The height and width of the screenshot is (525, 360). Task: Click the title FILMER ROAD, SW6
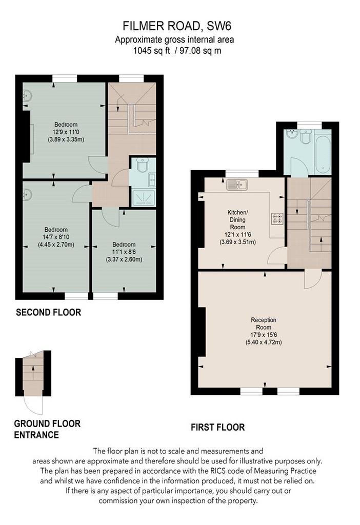point(177,26)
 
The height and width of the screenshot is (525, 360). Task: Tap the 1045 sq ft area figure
point(152,51)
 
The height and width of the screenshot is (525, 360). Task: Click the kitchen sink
point(237,185)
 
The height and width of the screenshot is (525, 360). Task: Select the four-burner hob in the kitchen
point(277,218)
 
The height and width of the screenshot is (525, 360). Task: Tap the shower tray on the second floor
point(144,197)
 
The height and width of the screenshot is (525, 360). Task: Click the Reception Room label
point(264,324)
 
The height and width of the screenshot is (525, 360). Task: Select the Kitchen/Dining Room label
point(237,219)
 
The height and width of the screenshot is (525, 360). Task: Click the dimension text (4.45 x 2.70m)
point(56,245)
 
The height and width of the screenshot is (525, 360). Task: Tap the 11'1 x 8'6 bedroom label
point(124,252)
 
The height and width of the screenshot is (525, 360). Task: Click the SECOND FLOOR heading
point(49,312)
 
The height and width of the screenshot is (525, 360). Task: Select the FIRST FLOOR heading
point(217,427)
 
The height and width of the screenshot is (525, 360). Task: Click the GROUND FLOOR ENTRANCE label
point(47,429)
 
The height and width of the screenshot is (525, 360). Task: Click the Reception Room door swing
point(313,280)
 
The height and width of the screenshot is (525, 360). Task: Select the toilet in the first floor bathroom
point(306,136)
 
